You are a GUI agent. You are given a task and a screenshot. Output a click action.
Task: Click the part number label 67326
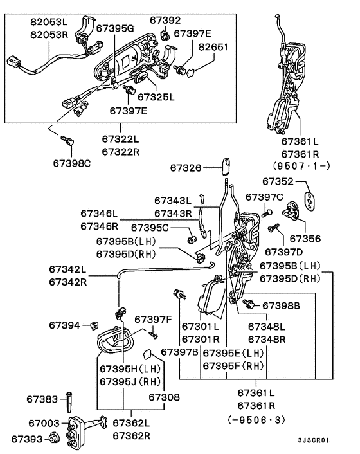(x=186, y=168)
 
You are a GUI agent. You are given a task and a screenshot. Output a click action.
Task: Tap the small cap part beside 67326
(x=226, y=167)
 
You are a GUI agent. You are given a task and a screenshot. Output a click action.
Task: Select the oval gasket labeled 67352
(x=310, y=200)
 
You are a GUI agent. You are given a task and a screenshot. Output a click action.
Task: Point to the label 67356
(x=305, y=239)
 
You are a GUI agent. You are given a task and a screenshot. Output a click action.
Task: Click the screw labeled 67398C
(x=67, y=141)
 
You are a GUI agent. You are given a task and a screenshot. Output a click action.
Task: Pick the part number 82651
(x=213, y=47)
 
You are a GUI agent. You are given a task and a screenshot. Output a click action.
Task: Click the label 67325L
(x=156, y=97)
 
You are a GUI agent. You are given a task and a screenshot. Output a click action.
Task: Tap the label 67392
(x=165, y=20)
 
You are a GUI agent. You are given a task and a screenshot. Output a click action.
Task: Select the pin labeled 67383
(x=69, y=402)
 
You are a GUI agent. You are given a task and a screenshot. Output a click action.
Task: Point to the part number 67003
(x=44, y=423)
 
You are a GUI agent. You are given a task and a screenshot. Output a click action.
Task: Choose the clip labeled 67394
(x=94, y=325)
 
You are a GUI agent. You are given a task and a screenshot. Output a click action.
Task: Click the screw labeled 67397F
(x=154, y=335)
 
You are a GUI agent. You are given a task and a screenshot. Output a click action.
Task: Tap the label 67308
(x=164, y=397)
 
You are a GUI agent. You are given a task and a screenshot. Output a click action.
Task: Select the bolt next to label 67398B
(x=249, y=303)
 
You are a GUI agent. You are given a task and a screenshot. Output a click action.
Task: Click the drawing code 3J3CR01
(x=314, y=440)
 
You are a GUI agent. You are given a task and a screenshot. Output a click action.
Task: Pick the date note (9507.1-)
(x=301, y=166)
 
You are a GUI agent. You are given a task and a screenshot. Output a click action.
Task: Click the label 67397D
(x=283, y=252)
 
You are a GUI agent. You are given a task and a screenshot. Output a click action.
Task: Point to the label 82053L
(x=50, y=22)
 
